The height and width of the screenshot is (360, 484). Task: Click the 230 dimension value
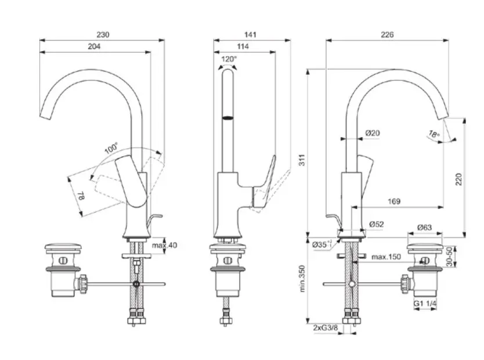102,35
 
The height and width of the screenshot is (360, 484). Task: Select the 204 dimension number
95,46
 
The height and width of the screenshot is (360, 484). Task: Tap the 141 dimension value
251,35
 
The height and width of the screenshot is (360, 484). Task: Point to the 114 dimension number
243,46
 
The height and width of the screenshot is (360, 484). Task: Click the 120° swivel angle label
229,59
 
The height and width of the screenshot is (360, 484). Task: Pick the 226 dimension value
387,35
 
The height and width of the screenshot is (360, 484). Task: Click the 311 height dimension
301,164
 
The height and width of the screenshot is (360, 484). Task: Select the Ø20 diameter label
372,134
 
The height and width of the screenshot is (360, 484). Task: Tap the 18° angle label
434,134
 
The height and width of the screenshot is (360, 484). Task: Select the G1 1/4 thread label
425,304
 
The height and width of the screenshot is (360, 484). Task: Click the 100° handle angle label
111,148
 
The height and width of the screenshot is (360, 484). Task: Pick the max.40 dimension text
164,246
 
